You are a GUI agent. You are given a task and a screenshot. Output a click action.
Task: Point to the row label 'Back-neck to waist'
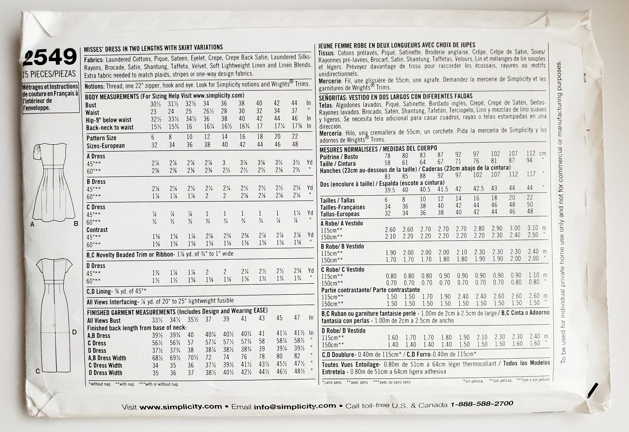click(x=110, y=127)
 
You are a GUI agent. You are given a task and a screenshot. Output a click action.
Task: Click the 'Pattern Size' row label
click(x=101, y=138)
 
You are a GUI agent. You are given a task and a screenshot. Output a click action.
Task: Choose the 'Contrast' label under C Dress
click(x=97, y=230)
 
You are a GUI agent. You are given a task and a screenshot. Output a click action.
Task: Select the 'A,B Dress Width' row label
click(x=107, y=358)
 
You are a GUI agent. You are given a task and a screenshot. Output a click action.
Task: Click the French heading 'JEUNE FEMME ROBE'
click(x=397, y=45)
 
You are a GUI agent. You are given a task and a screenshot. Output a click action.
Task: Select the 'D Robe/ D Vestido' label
click(x=343, y=331)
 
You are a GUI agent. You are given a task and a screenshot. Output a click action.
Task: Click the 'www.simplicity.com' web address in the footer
click(x=181, y=407)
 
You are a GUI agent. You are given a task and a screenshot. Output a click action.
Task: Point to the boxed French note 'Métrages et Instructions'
click(x=50, y=97)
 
